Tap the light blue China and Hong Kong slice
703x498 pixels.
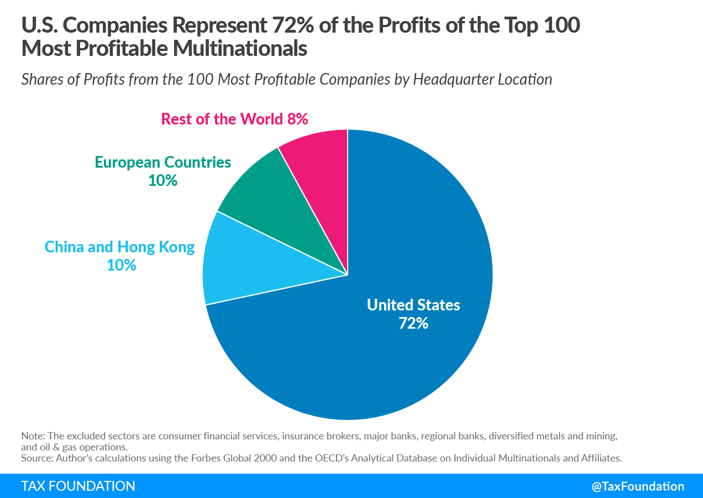pos(248,261)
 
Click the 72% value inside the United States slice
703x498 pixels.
pos(413,323)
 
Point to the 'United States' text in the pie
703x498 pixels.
pos(413,305)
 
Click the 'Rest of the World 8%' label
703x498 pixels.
pos(234,119)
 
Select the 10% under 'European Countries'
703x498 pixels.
pos(162,180)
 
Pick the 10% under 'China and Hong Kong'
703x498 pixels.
pos(122,265)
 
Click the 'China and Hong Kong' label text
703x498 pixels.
pos(119,247)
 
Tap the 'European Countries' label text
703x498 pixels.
pos(163,163)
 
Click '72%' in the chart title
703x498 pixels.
pos(293,25)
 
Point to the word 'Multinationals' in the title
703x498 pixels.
pos(240,48)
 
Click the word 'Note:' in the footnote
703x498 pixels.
pos(33,436)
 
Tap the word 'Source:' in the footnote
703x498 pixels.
pos(38,458)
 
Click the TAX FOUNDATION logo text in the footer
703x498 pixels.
pos(78,486)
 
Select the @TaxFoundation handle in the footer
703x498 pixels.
pos(638,486)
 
